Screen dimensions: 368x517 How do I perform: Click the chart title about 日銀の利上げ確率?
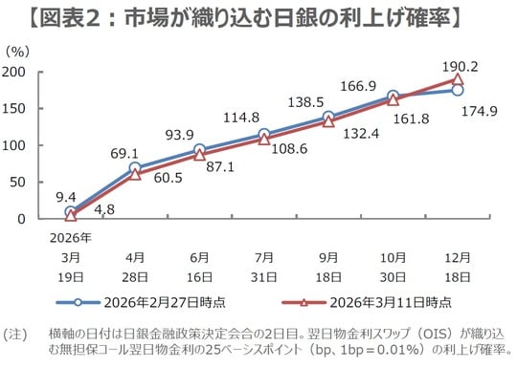coord(258,16)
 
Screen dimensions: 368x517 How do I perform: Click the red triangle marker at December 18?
coord(458,80)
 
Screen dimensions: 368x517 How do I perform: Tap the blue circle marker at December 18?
coord(458,91)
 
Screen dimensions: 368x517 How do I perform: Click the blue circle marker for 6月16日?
coord(199,150)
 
